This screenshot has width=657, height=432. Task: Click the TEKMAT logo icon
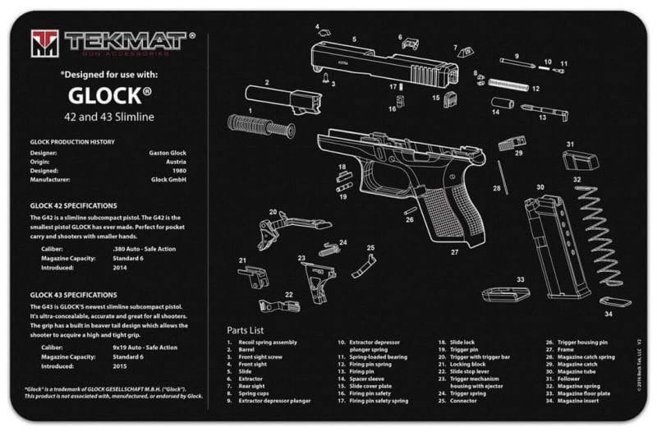pos(45,42)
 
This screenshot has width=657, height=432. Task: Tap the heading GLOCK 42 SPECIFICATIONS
pos(74,205)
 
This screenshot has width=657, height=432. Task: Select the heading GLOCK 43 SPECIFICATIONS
pos(74,294)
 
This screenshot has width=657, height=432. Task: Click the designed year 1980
pos(179,170)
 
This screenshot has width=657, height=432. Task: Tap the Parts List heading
pos(246,330)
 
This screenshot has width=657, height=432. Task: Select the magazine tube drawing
pos(559,246)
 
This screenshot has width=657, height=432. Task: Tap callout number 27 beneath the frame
pos(454,252)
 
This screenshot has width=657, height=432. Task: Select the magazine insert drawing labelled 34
pos(614,301)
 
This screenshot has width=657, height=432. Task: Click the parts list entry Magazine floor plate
pos(582,393)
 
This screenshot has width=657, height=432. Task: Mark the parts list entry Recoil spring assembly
pos(268,342)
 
